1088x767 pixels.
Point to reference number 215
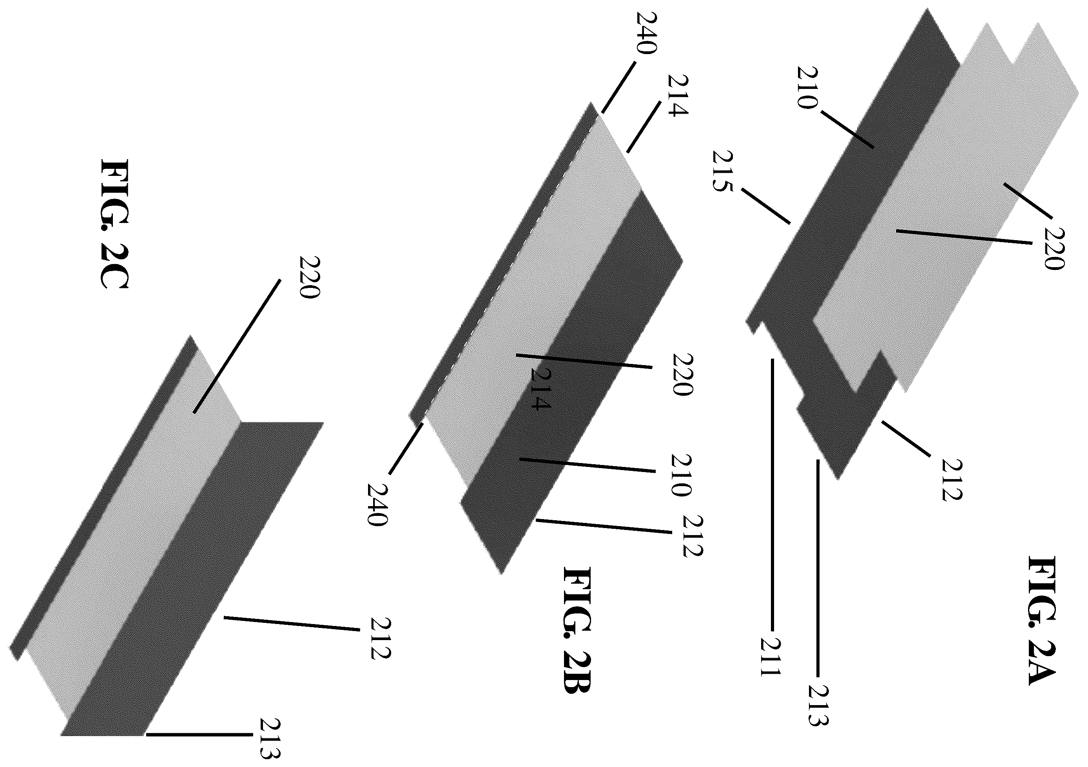point(723,171)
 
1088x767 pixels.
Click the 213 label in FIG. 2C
point(270,739)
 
